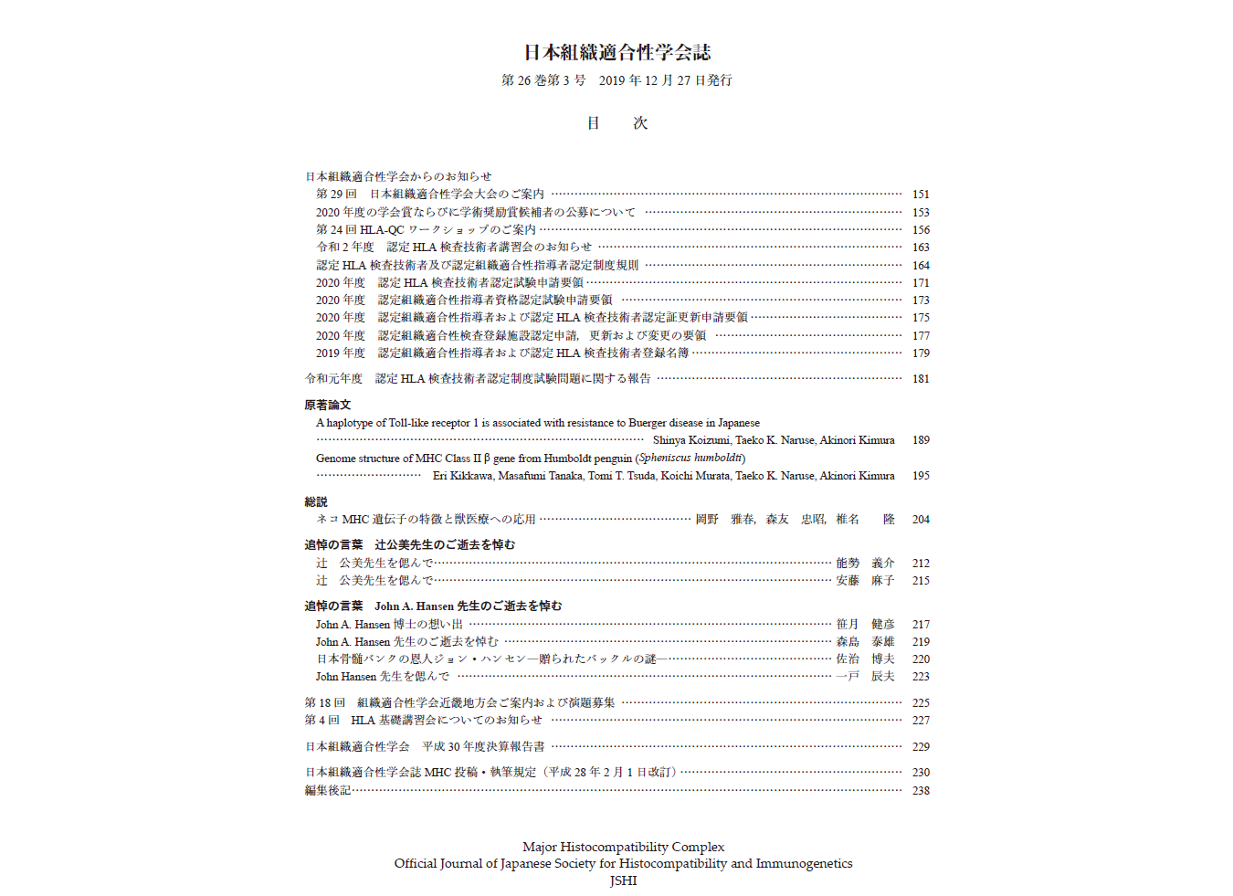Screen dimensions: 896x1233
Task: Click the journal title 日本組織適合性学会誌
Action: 616,52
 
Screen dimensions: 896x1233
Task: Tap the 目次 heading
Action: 616,123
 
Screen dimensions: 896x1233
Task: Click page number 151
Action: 921,195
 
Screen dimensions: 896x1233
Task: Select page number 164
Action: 921,266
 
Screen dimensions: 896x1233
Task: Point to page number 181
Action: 921,379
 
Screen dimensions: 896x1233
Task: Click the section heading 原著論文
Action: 328,405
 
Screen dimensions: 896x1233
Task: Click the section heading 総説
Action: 316,501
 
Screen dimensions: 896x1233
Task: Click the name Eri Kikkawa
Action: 463,476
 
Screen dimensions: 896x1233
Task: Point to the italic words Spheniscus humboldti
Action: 690,459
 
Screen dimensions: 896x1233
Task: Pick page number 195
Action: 921,476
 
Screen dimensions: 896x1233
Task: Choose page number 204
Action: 921,520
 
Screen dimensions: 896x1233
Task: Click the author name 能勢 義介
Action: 865,564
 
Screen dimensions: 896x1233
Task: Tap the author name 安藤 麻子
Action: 865,581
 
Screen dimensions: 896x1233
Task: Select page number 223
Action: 921,677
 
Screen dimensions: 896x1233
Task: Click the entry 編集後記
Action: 328,791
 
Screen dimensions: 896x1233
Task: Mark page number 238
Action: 921,791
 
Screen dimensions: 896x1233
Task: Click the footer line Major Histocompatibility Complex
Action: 623,847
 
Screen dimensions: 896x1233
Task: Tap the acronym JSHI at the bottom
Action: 623,880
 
